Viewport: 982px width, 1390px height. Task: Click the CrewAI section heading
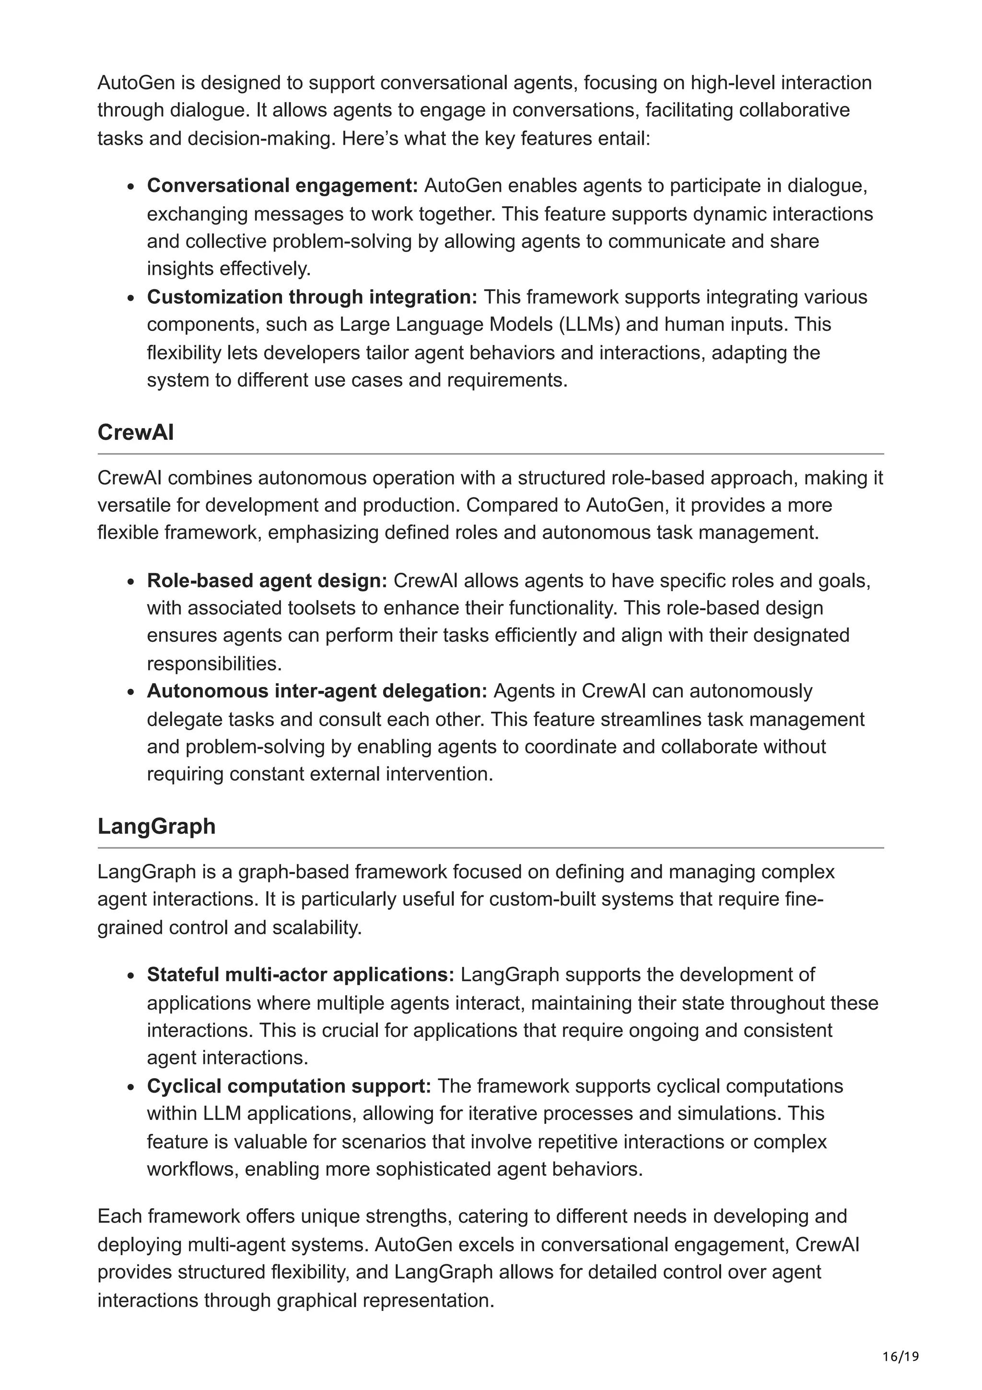click(x=136, y=432)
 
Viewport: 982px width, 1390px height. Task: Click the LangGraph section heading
click(x=156, y=826)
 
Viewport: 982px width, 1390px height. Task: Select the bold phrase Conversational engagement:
click(x=282, y=185)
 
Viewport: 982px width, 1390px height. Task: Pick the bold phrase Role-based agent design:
click(x=266, y=580)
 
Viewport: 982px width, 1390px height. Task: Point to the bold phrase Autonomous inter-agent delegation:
click(x=316, y=691)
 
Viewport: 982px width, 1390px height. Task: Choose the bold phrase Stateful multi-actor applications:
click(x=300, y=974)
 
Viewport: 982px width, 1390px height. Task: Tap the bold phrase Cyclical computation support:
click(x=289, y=1085)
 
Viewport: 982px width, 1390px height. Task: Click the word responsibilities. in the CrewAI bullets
click(x=214, y=663)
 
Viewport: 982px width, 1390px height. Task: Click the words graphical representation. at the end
click(x=386, y=1300)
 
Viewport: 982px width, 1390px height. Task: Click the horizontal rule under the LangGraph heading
click(x=490, y=848)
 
